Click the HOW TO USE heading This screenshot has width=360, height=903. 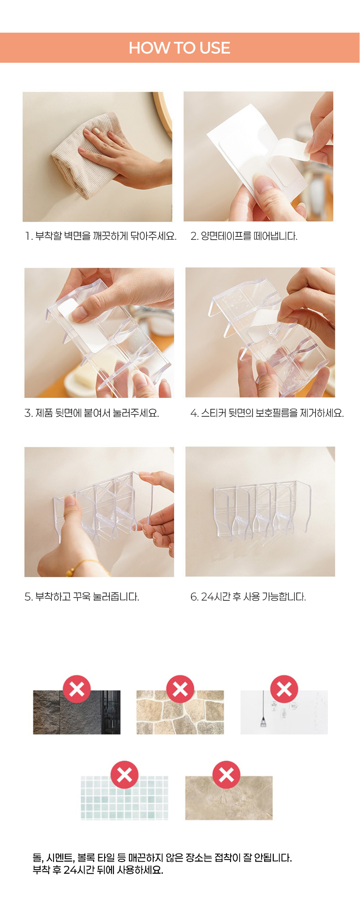pyautogui.click(x=180, y=48)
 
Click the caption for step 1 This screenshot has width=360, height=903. pyautogui.click(x=101, y=236)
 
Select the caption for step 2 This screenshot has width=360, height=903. pyautogui.click(x=244, y=236)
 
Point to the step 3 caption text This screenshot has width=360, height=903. pyautogui.click(x=92, y=413)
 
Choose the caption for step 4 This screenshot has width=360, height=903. pyautogui.click(x=267, y=413)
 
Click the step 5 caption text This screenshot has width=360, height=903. pyautogui.click(x=82, y=597)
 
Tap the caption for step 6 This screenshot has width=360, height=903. pyautogui.click(x=248, y=597)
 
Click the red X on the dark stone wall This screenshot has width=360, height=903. pyautogui.click(x=77, y=689)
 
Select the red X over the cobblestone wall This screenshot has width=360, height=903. pyautogui.click(x=180, y=689)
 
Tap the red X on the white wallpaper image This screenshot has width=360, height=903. pyautogui.click(x=284, y=689)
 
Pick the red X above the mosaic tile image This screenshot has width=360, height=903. pyautogui.click(x=124, y=775)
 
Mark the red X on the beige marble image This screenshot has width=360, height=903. pyautogui.click(x=226, y=775)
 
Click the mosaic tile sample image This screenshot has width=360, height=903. pyautogui.click(x=124, y=798)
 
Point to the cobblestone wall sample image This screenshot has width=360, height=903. pyautogui.click(x=180, y=712)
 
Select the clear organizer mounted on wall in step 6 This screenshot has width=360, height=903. pyautogui.click(x=262, y=508)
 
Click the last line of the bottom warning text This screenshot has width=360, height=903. pyautogui.click(x=98, y=870)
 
